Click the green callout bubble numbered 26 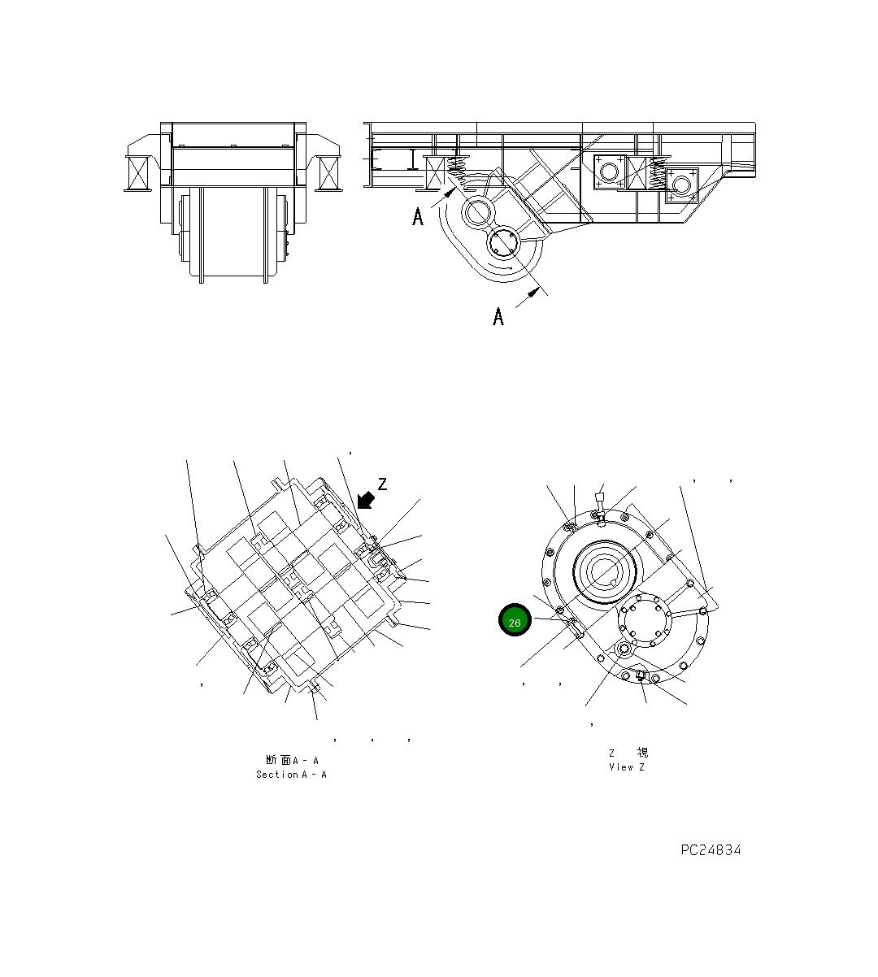[515, 622]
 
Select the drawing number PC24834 [711, 850]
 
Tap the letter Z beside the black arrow [382, 484]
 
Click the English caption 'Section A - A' [291, 775]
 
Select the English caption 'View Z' [626, 767]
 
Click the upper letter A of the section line [418, 217]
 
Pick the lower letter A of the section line [498, 315]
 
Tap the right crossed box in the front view [329, 173]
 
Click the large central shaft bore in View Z [604, 571]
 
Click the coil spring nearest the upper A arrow [459, 172]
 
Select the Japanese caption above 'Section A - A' [291, 760]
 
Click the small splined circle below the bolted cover [624, 649]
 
